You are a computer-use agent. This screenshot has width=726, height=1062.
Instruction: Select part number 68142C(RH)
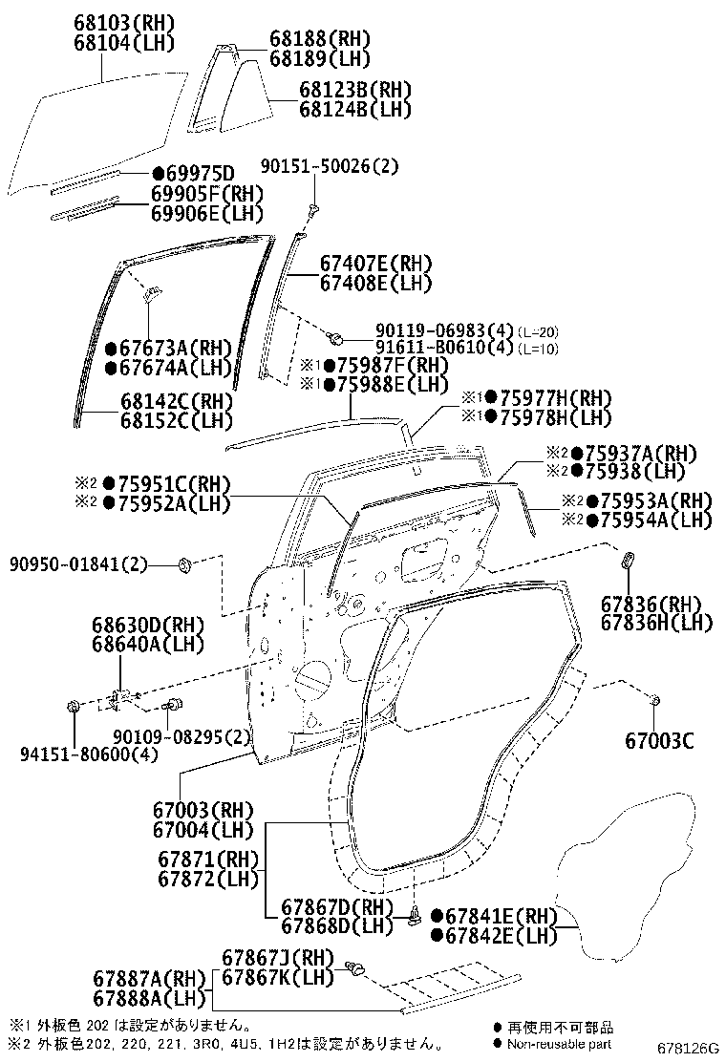coord(177,400)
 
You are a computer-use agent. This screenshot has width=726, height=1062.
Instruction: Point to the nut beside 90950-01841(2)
coord(185,565)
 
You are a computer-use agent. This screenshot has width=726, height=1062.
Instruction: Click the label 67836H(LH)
coord(657,623)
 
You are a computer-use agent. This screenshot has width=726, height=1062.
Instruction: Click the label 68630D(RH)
coord(148,625)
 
